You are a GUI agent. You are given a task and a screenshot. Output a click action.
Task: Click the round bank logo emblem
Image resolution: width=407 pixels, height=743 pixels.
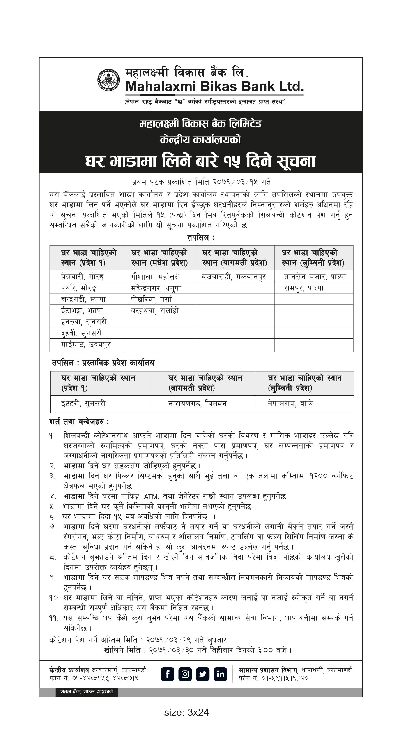pos(108,80)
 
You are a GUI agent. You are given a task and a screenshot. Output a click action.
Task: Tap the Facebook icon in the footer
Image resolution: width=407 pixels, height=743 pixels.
pos(167,674)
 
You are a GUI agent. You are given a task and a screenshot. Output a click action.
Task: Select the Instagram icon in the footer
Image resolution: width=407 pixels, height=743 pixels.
pos(185,674)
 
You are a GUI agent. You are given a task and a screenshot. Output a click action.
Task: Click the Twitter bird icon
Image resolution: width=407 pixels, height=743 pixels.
pos(203,674)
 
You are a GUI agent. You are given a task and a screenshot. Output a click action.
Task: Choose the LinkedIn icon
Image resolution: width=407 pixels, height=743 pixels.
pos(220,674)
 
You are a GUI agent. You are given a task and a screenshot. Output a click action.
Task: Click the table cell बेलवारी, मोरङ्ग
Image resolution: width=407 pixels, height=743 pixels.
pos(82,277)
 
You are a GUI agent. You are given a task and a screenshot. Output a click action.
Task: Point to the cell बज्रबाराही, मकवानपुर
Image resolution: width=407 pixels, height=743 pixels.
pos(233,277)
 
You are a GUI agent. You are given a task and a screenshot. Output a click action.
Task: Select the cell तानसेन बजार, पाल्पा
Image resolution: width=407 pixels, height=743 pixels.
pos(315,277)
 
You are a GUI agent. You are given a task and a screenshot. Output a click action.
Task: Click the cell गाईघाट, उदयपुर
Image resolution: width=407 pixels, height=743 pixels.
pos(86,344)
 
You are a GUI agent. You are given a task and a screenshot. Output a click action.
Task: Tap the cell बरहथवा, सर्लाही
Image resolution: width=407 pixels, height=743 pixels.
pos(155,311)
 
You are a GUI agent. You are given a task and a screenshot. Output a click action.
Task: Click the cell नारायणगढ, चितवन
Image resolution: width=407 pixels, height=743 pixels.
pos(198,404)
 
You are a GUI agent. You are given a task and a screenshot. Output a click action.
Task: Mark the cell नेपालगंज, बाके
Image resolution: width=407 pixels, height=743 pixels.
pos(290,403)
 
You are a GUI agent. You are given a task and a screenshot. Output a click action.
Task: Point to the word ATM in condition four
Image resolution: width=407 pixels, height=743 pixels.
pos(151,497)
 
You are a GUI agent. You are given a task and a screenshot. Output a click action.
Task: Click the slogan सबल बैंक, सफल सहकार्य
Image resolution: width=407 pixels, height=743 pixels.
pos(87,692)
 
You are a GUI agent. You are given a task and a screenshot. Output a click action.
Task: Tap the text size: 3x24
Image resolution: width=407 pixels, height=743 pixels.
pos(186,712)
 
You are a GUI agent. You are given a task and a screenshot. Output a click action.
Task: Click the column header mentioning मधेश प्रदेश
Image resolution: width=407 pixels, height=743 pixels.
pos(159,258)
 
